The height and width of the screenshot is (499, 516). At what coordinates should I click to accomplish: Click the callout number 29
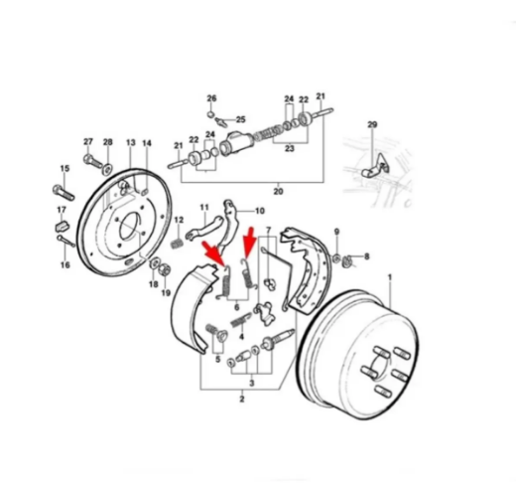pos(372,124)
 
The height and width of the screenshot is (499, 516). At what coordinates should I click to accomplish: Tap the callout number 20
pos(278,192)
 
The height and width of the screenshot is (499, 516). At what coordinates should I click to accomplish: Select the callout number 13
pos(131,142)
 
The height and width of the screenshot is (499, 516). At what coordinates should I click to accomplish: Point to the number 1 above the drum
pos(390,277)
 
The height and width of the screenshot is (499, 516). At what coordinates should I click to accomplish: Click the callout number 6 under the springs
pos(236,308)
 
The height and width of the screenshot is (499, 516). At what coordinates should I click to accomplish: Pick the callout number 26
pos(211,98)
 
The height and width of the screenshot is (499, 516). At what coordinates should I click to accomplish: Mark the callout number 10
pos(260,211)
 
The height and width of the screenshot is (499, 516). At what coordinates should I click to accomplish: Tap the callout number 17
pos(62,210)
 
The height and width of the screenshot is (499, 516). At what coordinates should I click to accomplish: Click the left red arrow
pos(213,253)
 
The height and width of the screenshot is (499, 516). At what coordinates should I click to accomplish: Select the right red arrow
pos(249,243)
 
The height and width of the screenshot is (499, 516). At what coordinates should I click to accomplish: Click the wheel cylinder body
pos(237,143)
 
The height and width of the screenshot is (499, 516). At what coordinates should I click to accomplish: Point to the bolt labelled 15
pos(64,193)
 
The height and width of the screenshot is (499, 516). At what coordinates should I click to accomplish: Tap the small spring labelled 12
pos(178,244)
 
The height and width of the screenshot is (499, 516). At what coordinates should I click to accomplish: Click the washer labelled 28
pos(107,169)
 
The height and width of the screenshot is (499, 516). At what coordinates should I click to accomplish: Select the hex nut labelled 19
pos(165,269)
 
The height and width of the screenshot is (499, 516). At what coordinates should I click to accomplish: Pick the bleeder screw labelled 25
pos(220,122)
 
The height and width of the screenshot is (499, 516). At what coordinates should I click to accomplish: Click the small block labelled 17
pos(62,226)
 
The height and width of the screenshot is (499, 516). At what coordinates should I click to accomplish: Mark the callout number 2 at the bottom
pos(242,399)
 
